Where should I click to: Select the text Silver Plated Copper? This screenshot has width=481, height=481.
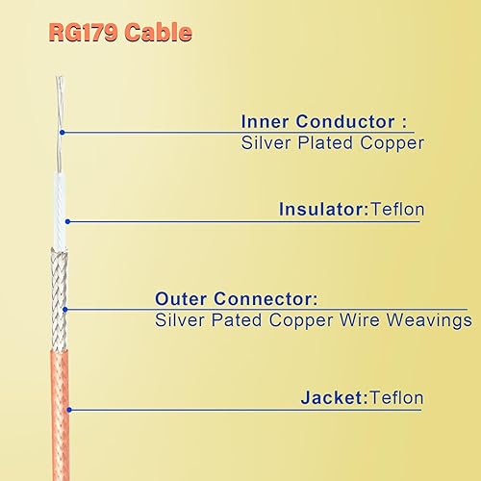pyautogui.click(x=331, y=143)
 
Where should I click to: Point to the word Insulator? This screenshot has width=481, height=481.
pyautogui.click(x=316, y=209)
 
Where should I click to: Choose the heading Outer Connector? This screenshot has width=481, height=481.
pyautogui.click(x=235, y=298)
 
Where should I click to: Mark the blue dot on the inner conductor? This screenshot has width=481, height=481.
pyautogui.click(x=61, y=132)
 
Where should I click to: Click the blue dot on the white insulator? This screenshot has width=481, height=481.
pyautogui.click(x=66, y=221)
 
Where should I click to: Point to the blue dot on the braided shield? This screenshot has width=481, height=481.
pyautogui.click(x=66, y=310)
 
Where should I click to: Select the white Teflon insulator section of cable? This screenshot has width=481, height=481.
pyautogui.click(x=61, y=207)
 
